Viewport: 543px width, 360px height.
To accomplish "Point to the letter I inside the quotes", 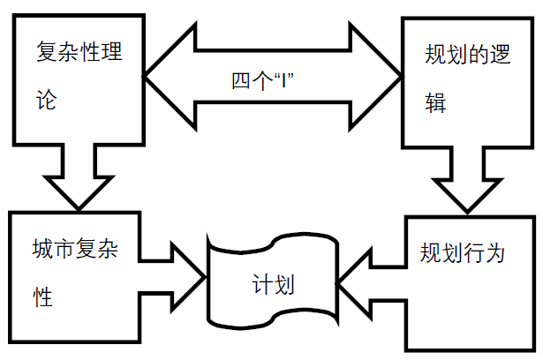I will click(281, 80).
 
